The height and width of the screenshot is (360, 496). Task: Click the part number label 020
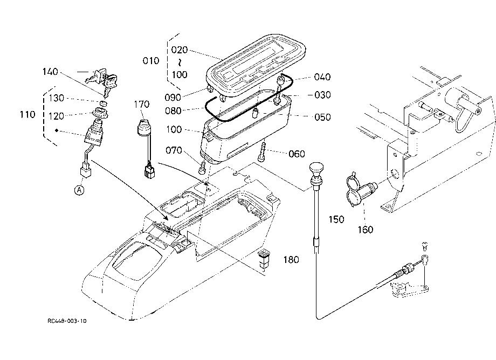click(x=180, y=50)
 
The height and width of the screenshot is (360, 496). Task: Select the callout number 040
click(x=322, y=77)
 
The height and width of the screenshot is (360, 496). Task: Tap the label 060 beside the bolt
click(x=297, y=154)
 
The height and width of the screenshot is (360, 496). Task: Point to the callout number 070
click(x=174, y=150)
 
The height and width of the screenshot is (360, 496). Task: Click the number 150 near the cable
click(x=336, y=219)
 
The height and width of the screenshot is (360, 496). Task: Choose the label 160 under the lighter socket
click(x=366, y=230)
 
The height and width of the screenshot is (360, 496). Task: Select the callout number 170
click(x=141, y=105)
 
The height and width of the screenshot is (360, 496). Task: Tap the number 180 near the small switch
click(x=291, y=260)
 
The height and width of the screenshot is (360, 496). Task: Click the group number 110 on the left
click(x=27, y=114)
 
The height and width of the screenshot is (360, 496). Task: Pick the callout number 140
click(x=50, y=72)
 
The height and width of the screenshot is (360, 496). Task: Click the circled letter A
click(x=79, y=190)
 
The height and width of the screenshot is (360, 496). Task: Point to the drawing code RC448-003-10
click(x=67, y=321)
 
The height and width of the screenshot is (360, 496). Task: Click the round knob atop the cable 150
click(x=316, y=168)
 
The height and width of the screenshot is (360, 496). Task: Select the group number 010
click(x=151, y=61)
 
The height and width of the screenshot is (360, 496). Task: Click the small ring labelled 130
click(x=103, y=103)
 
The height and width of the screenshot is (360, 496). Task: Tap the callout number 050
click(x=322, y=117)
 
